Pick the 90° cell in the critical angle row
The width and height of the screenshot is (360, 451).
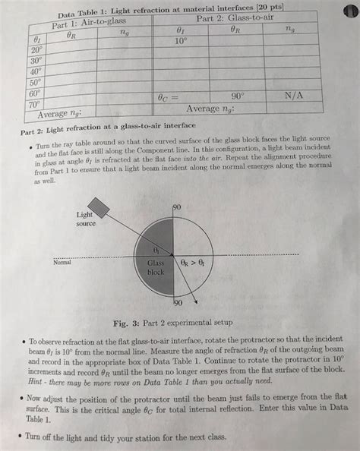[x=238, y=96]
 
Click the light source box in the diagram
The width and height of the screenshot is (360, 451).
[x=99, y=207]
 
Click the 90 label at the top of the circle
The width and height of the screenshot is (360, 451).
[x=177, y=207]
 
